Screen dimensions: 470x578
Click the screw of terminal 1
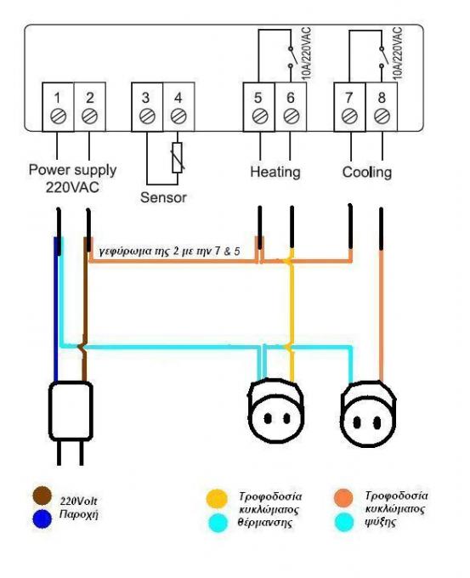(x=58, y=116)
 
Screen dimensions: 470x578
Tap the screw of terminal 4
(x=178, y=116)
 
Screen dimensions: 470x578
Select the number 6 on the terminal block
(x=291, y=98)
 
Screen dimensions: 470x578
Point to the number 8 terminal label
(x=382, y=98)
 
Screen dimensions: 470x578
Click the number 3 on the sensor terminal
(x=146, y=98)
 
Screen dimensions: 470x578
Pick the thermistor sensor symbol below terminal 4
(x=178, y=157)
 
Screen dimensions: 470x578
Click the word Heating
(x=275, y=172)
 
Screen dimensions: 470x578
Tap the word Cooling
(x=367, y=172)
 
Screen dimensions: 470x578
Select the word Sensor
(x=163, y=197)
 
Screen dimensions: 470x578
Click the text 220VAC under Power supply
(x=72, y=187)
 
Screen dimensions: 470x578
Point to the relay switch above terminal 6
(x=292, y=58)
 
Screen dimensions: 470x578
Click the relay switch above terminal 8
(x=382, y=58)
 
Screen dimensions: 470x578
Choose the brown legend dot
(x=42, y=496)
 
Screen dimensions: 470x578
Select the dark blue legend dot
(x=42, y=519)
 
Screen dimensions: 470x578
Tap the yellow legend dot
(x=217, y=499)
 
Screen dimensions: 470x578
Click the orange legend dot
(x=344, y=498)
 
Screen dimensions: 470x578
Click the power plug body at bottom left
(x=71, y=411)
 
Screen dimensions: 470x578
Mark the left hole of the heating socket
(x=268, y=418)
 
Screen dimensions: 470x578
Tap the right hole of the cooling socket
(x=377, y=422)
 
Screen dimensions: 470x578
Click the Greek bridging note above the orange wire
(x=170, y=251)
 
